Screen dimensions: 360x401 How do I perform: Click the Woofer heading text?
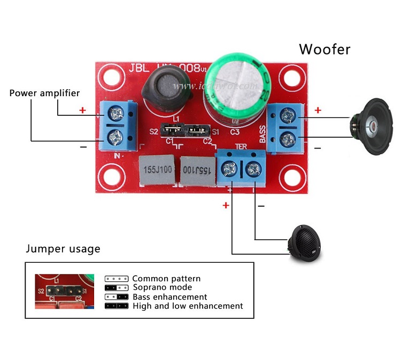pyautogui.click(x=325, y=50)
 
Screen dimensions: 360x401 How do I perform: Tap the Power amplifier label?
pyautogui.click(x=44, y=93)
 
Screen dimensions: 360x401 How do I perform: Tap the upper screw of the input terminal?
pyautogui.click(x=115, y=113)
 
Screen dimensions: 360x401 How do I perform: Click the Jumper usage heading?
pyautogui.click(x=63, y=249)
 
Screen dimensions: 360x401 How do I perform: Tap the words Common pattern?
pyautogui.click(x=166, y=278)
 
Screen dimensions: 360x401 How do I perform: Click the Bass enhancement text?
pyautogui.click(x=169, y=296)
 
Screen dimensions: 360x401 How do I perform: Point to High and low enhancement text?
pyautogui.click(x=188, y=306)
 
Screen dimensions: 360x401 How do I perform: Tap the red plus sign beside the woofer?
pyautogui.click(x=318, y=111)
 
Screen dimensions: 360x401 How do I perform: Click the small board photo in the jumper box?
pyautogui.click(x=65, y=291)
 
